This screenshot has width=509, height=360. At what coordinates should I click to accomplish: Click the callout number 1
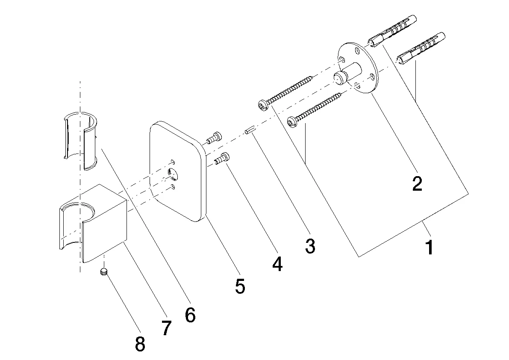click(x=430, y=247)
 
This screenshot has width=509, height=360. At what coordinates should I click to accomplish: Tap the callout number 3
click(x=310, y=245)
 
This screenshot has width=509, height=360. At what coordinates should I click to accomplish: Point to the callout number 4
click(x=277, y=264)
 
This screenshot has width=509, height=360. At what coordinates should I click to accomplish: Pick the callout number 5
click(x=240, y=286)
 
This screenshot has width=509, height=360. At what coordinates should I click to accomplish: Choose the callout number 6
click(x=190, y=315)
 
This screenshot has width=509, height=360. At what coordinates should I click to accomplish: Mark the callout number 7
click(x=166, y=328)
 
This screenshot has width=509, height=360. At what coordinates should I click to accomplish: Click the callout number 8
click(x=140, y=343)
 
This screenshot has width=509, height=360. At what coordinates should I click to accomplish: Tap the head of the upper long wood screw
click(x=263, y=104)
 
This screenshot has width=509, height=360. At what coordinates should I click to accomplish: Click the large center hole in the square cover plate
click(x=174, y=174)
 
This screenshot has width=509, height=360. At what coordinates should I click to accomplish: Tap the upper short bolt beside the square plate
click(x=214, y=138)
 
